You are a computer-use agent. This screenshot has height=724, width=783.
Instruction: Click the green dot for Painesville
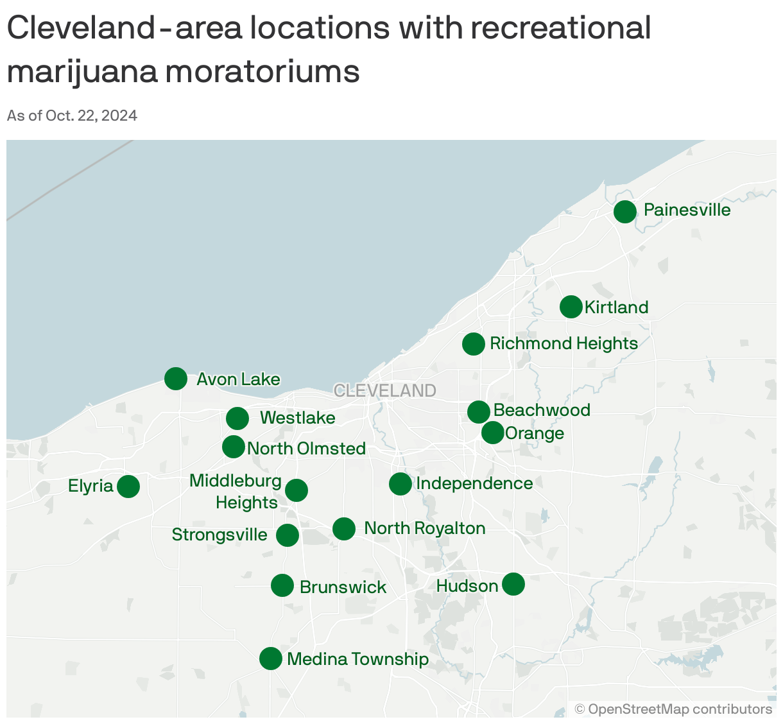click(625, 211)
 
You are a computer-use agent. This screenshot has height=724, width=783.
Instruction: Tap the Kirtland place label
click(616, 307)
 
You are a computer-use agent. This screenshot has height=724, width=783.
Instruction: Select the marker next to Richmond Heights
click(474, 344)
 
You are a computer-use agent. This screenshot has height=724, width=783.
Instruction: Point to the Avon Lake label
click(238, 379)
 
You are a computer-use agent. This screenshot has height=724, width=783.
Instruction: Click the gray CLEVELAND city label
click(385, 391)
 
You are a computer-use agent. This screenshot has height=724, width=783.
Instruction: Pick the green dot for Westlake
click(237, 418)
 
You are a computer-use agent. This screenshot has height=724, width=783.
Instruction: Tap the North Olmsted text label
click(306, 449)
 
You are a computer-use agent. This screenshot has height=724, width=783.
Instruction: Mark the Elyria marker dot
click(128, 487)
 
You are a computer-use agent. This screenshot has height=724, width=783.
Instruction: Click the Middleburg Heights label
click(236, 492)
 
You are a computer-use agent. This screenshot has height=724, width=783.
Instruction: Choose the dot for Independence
click(400, 484)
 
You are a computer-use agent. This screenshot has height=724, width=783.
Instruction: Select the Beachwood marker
click(479, 411)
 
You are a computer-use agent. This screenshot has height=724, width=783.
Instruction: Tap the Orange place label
click(534, 433)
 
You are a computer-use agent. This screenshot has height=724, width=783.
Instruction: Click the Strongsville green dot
click(288, 535)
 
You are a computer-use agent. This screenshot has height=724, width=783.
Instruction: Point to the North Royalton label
click(424, 528)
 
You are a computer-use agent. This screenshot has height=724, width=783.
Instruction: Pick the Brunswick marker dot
click(282, 585)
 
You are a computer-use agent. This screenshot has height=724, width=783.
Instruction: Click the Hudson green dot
click(513, 584)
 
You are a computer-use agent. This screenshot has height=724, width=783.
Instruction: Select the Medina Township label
click(357, 659)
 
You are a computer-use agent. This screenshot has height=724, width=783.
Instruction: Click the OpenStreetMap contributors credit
click(673, 709)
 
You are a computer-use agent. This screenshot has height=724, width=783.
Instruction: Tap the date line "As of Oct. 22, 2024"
click(72, 116)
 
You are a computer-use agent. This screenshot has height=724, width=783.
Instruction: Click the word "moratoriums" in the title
click(262, 71)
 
